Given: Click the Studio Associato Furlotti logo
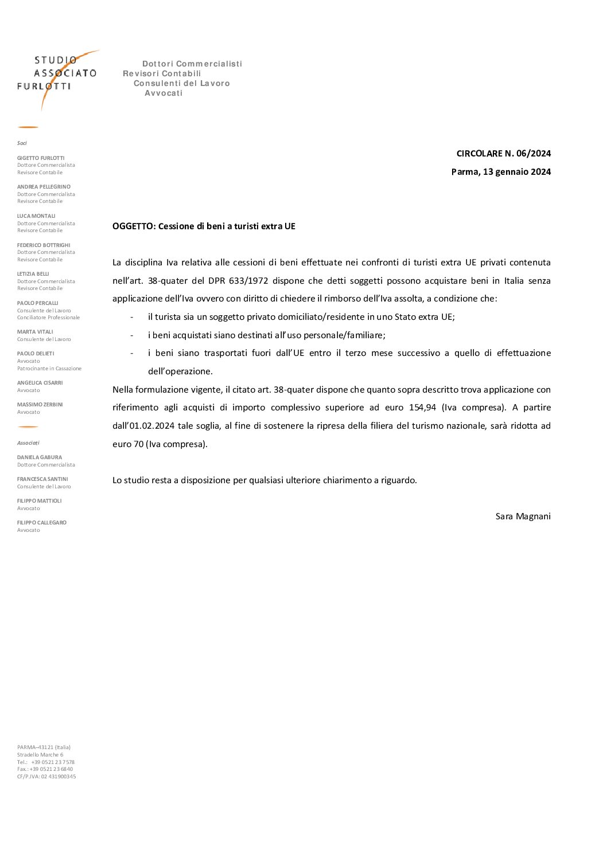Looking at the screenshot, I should point(57,77).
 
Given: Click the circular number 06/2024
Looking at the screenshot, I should point(534,153).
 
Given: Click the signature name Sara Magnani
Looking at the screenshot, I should point(523,516).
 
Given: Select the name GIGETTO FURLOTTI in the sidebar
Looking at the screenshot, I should point(41,158).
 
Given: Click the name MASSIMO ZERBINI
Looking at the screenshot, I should point(40,405).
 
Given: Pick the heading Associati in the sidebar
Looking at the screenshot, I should point(28,443).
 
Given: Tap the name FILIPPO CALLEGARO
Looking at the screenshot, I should point(41,523).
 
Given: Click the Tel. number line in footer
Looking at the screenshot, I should point(46,762).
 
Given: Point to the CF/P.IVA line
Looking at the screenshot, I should point(46,777).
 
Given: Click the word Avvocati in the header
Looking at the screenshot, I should point(164,93).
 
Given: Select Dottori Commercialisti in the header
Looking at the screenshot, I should point(192,64).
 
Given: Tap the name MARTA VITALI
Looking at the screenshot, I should point(35,332).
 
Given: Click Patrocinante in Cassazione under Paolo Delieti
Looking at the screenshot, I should point(49,369).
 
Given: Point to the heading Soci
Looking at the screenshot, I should point(22,143).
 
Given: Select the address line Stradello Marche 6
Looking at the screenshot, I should point(40,755).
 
